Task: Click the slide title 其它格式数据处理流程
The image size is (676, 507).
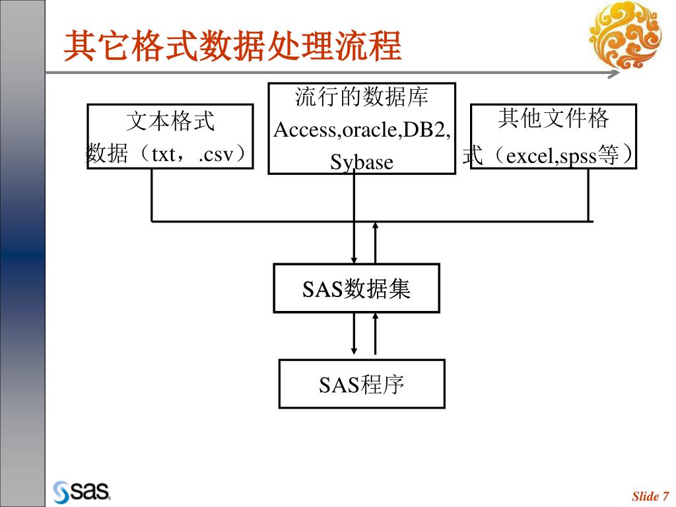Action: [x=232, y=46]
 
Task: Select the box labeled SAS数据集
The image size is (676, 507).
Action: [x=356, y=288]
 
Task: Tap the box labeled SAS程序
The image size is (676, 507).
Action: [x=362, y=384]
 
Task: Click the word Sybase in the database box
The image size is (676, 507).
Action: [x=362, y=162]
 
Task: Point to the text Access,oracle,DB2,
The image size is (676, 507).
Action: [x=362, y=129]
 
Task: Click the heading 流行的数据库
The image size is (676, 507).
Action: [x=362, y=98]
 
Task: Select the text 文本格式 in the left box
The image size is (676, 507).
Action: [x=170, y=121]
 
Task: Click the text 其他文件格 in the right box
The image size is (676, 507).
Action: [x=553, y=119]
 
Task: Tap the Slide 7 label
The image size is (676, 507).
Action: [x=650, y=496]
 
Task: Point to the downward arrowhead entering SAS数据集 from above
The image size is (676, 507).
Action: [x=355, y=259]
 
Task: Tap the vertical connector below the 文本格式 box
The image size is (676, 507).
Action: [x=152, y=195]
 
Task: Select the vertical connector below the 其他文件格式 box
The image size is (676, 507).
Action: [x=588, y=195]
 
